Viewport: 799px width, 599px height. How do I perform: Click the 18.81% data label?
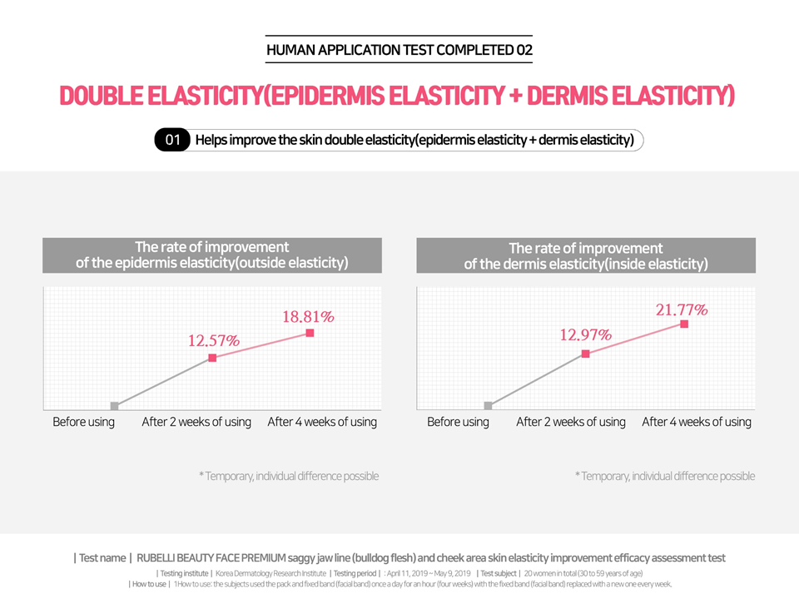pyautogui.click(x=309, y=317)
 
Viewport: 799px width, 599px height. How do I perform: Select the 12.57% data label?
pyautogui.click(x=212, y=340)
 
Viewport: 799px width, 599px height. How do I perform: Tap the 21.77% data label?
pyautogui.click(x=682, y=310)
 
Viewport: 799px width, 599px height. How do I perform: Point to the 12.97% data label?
pyautogui.click(x=585, y=335)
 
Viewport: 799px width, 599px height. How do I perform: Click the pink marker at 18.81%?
pyautogui.click(x=310, y=333)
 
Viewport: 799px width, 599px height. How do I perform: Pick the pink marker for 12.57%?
pyautogui.click(x=212, y=358)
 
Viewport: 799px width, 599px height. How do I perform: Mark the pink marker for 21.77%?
pyautogui.click(x=684, y=324)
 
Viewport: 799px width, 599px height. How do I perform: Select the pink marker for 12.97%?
pyautogui.click(x=585, y=354)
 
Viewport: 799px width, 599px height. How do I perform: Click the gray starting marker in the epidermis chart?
pyautogui.click(x=115, y=406)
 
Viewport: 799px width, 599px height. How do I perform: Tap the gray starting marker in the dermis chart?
pyautogui.click(x=489, y=406)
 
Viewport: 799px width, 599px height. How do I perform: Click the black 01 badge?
pyautogui.click(x=172, y=141)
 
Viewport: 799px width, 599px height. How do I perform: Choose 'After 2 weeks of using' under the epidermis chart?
pyautogui.click(x=196, y=422)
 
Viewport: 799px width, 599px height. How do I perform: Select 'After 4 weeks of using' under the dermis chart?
pyautogui.click(x=697, y=422)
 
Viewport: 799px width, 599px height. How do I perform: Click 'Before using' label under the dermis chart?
pyautogui.click(x=458, y=422)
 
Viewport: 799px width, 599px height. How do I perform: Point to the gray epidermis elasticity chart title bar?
pyautogui.click(x=212, y=255)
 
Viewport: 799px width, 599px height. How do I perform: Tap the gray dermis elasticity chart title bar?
pyautogui.click(x=586, y=256)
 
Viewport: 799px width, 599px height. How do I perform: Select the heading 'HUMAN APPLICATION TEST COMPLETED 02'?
pyautogui.click(x=399, y=50)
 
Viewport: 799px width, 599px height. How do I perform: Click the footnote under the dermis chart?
pyautogui.click(x=665, y=476)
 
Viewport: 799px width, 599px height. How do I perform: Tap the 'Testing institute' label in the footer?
pyautogui.click(x=184, y=573)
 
